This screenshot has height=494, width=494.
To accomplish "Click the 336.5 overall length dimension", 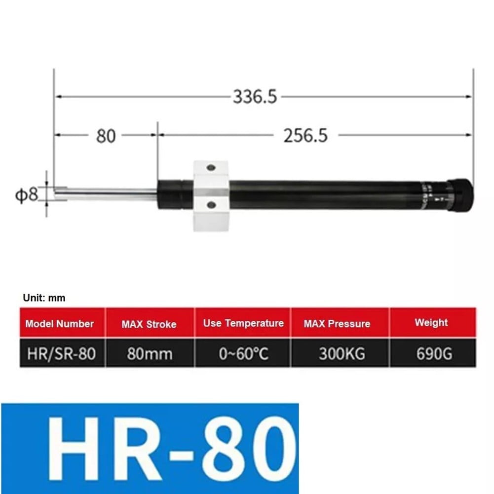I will click(255, 97).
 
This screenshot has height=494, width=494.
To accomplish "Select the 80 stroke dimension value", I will click(105, 135).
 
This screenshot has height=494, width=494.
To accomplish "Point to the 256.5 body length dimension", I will click(305, 135).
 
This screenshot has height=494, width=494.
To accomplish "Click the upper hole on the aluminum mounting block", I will click(211, 168).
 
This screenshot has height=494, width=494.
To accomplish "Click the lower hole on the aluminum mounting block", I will click(211, 203).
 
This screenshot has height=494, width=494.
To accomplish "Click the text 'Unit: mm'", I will click(44, 298).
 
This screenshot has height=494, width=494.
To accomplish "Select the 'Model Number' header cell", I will click(60, 324).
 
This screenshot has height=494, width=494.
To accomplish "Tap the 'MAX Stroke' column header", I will click(149, 324).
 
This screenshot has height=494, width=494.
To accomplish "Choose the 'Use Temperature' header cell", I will click(243, 324).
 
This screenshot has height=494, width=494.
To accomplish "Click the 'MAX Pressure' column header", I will click(337, 324).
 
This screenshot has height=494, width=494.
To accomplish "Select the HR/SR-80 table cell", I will click(60, 353).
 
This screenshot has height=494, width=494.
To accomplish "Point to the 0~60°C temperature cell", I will click(243, 353).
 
